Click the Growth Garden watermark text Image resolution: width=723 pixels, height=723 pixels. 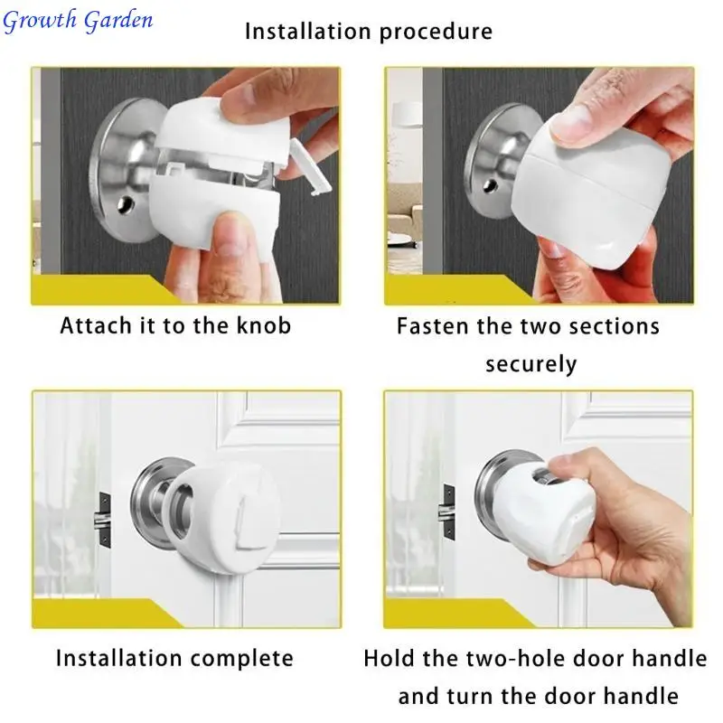tap(78, 20)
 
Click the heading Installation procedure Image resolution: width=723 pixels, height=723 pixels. tap(369, 32)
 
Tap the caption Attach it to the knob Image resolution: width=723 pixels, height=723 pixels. tap(175, 325)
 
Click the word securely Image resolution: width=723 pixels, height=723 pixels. tap(531, 364)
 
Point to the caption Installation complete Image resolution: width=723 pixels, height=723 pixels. tap(174, 658)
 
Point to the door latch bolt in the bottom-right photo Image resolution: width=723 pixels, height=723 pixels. tap(447, 512)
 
